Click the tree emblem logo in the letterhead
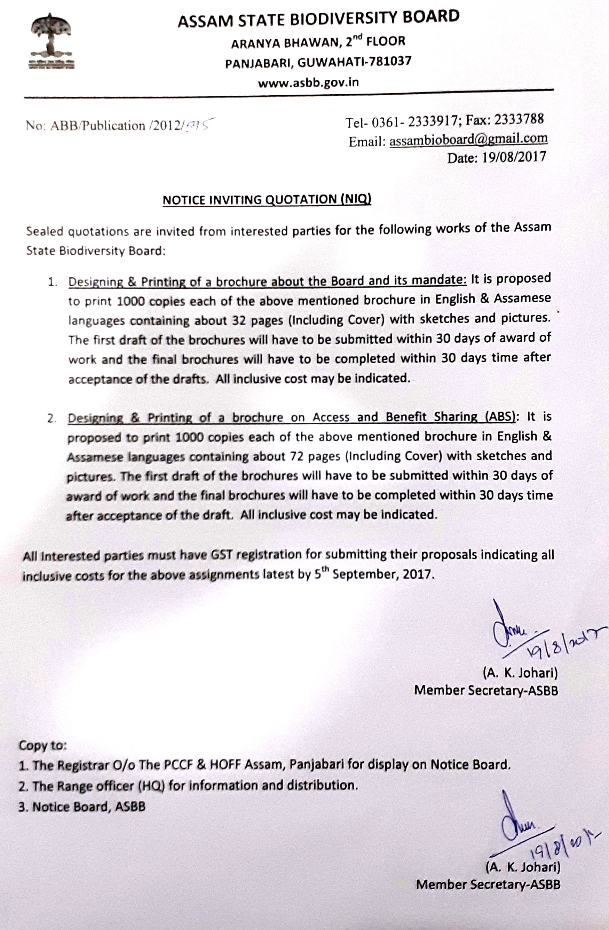pyautogui.click(x=52, y=41)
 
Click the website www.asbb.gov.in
pyautogui.click(x=308, y=82)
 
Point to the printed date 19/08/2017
pyautogui.click(x=514, y=157)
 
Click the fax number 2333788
pyautogui.click(x=519, y=120)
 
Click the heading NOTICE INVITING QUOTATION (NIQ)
pyautogui.click(x=267, y=200)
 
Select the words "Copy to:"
pyautogui.click(x=43, y=745)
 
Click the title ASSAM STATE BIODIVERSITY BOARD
pyautogui.click(x=318, y=19)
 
